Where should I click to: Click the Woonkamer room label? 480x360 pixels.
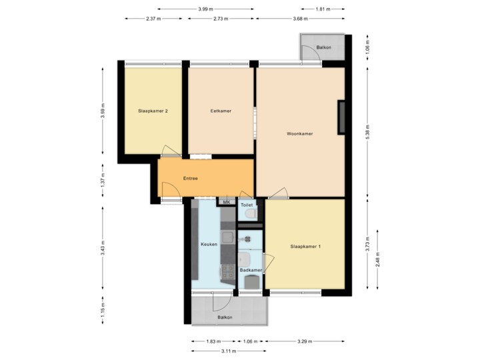tap(299, 133)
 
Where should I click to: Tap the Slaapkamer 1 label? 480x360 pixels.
tap(306, 247)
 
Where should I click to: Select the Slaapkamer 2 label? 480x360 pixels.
tap(153, 111)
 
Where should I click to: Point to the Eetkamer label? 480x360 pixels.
tap(221, 111)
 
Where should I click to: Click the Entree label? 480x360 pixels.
tap(190, 179)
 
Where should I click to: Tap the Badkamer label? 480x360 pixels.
tap(250, 270)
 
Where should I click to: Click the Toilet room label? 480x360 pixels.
tap(246, 205)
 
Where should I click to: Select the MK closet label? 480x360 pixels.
tap(226, 202)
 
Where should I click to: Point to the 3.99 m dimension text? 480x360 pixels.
tap(206, 9)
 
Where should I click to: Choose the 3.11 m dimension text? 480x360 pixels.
tap(228, 351)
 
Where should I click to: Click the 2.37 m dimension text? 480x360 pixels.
tap(153, 19)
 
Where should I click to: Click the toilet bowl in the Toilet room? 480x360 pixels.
tap(251, 214)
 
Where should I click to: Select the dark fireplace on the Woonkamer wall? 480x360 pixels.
tap(341, 117)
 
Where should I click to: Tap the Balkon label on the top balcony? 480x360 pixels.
tap(324, 48)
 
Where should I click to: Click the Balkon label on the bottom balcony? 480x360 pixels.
tap(225, 317)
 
